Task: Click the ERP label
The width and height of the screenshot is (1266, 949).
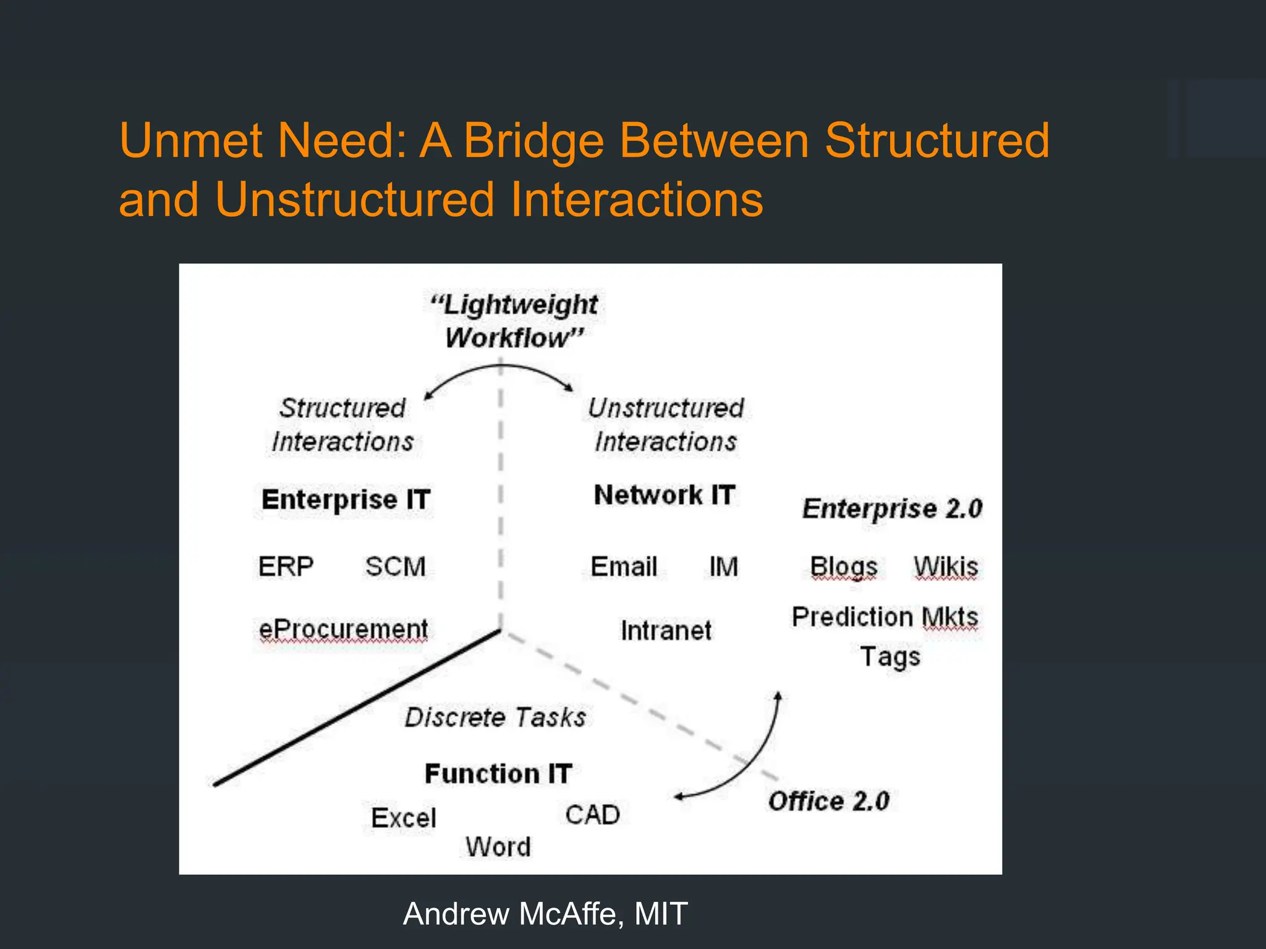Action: tap(286, 567)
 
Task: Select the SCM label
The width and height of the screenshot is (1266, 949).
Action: tap(396, 567)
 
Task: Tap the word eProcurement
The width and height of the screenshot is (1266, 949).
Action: tap(343, 630)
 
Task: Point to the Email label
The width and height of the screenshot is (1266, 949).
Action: tap(624, 567)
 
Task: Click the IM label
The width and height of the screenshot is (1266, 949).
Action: tap(723, 567)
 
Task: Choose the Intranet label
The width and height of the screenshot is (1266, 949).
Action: tap(666, 631)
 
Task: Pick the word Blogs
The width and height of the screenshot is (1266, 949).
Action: tap(844, 567)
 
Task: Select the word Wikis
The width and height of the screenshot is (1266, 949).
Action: tap(946, 567)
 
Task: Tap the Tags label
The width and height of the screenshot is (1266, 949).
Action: tap(890, 657)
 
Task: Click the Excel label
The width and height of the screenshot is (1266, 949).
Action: tap(404, 818)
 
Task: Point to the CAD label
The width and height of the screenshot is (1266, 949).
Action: tap(592, 815)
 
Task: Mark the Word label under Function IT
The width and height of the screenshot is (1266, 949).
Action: tap(498, 847)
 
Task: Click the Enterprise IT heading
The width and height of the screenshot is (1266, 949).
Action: tap(346, 499)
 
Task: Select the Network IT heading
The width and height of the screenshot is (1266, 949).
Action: tap(665, 495)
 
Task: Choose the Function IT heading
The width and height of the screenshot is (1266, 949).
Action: tap(498, 774)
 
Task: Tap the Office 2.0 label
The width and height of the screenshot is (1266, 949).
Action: tap(828, 801)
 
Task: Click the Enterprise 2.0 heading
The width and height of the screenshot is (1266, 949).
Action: tap(892, 508)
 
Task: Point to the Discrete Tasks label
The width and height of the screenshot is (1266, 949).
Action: tap(495, 717)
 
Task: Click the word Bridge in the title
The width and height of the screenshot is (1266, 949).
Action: tap(533, 140)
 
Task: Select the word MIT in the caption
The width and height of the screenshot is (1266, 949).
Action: tap(661, 914)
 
